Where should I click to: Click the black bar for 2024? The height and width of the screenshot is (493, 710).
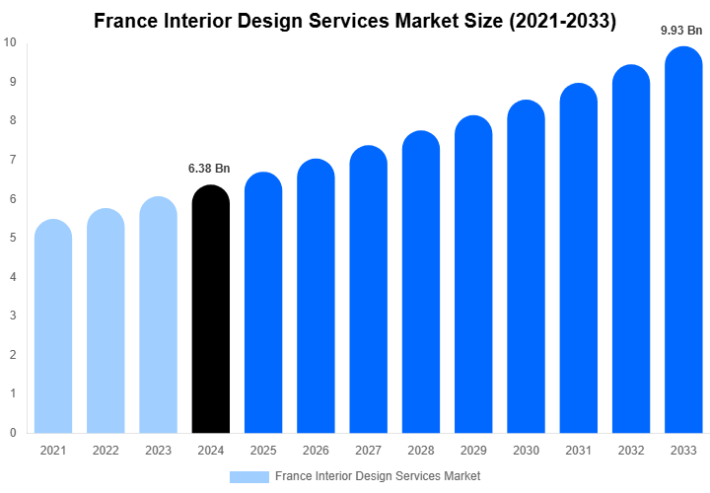tap(210, 311)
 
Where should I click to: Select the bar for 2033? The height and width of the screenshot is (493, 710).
tap(684, 242)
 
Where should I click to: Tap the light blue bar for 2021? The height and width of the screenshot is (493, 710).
tap(53, 327)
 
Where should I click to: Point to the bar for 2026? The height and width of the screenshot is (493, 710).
tap(316, 298)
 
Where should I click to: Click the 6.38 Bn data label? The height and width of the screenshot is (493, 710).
tap(209, 169)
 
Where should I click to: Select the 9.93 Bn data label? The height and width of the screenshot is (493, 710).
tap(682, 31)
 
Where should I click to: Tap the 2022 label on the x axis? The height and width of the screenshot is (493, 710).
tap(106, 451)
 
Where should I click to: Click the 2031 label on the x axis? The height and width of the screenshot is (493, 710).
tap(579, 451)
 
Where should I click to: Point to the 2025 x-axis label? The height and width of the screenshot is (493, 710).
tap(263, 451)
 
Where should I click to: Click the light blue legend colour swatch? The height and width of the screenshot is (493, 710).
tap(248, 476)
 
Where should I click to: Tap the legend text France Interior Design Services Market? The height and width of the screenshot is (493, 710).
tap(378, 476)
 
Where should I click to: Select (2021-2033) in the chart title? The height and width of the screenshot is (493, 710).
tap(557, 22)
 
